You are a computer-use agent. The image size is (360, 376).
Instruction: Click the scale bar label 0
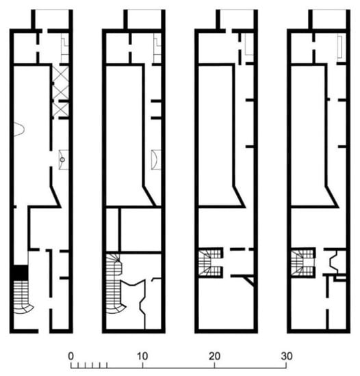(x=70, y=356)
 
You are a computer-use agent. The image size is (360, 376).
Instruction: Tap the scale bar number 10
(x=142, y=356)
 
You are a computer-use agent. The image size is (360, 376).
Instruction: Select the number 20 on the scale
(x=214, y=356)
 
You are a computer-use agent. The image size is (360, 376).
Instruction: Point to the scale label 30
(x=287, y=356)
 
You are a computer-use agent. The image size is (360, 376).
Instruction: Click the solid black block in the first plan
(x=21, y=272)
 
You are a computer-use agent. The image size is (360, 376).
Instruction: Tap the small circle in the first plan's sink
(x=62, y=159)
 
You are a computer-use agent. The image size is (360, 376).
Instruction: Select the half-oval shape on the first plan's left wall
(x=19, y=129)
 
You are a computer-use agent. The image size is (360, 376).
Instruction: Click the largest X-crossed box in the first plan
(x=61, y=82)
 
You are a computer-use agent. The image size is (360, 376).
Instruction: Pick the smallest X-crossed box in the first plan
(x=61, y=109)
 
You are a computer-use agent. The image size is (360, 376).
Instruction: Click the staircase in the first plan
(x=22, y=297)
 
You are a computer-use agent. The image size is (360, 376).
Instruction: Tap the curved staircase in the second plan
(x=116, y=285)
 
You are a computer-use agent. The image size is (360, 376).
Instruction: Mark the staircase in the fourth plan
(x=302, y=263)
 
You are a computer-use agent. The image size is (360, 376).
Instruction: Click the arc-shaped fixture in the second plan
(x=156, y=159)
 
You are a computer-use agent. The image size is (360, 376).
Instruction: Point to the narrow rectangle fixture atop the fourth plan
(x=339, y=46)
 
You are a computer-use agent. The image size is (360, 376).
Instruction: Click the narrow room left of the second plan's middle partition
(x=112, y=230)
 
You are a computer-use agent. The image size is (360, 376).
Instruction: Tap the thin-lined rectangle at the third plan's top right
(x=249, y=44)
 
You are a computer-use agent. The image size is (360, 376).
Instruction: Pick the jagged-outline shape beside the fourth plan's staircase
(x=334, y=262)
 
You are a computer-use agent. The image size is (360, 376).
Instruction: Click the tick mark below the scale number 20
(x=214, y=366)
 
